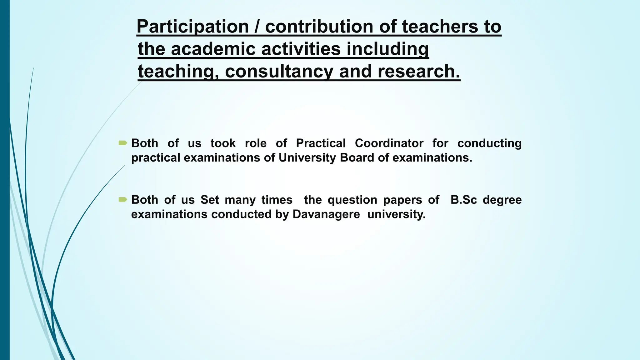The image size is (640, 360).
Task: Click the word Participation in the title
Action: point(192,27)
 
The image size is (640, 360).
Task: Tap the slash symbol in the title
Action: point(257,27)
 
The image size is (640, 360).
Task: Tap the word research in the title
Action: point(419,72)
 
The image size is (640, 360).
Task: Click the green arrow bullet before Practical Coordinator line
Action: point(123,143)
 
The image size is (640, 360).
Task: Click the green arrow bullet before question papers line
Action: point(123,200)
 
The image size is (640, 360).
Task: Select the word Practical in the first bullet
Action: point(321,143)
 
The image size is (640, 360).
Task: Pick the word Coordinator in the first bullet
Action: point(389,143)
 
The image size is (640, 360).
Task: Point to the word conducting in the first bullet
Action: point(489,143)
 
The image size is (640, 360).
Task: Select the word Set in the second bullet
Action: point(209,200)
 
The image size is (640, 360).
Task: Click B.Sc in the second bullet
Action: point(464,200)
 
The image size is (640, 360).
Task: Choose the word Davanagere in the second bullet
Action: point(326,214)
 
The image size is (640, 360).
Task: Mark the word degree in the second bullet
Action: point(502,200)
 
